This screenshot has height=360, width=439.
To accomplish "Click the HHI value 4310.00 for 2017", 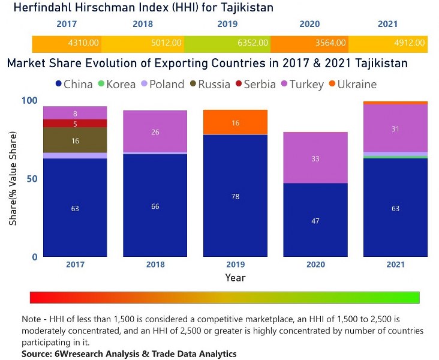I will point(84,43).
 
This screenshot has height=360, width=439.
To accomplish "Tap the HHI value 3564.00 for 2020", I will point(331,43).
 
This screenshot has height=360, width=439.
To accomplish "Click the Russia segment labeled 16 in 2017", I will point(75,140).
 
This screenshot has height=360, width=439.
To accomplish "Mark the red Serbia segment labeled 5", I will point(75,124).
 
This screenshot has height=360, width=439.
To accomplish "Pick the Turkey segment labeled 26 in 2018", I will point(155,131).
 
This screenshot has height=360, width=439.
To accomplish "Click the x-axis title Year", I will point(235,278).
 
